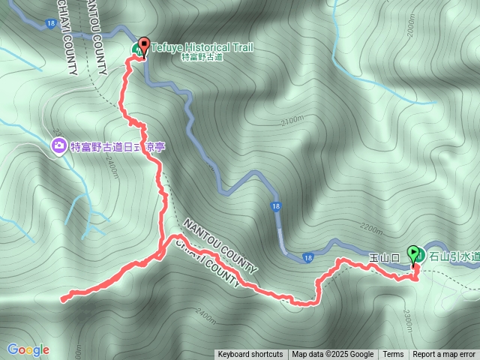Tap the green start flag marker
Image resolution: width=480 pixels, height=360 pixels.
pos(413,253)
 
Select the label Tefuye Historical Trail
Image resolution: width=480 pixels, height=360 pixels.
pos(202,47)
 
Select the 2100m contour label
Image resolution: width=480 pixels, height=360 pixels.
pos(291,119)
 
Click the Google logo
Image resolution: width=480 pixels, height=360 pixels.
pos(28,349)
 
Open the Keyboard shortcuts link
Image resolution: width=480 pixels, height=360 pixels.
pos(250,355)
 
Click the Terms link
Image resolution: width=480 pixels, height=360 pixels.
pos(393,355)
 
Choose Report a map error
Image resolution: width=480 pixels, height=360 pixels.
pos(444,355)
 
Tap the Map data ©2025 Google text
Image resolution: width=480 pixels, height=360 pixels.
pos(332,355)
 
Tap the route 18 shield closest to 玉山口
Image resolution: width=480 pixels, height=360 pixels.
pos(307,259)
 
